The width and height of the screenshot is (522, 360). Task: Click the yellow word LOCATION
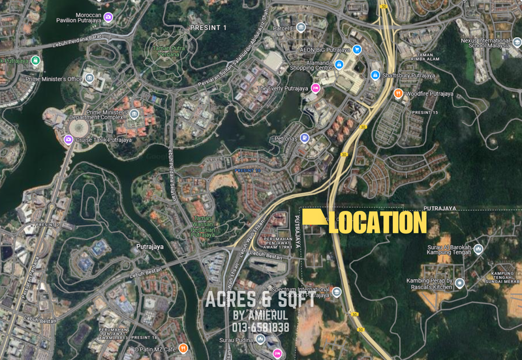(378, 222)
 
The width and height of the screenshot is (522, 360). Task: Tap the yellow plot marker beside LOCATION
(313, 218)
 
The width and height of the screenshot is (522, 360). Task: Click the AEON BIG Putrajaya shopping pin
(358, 49)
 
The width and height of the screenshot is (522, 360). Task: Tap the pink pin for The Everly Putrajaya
(316, 88)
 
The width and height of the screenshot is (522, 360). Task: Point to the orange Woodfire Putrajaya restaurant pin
(398, 93)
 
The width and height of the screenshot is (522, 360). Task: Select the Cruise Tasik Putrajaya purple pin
(68, 140)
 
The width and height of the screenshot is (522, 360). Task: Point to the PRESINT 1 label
(208, 27)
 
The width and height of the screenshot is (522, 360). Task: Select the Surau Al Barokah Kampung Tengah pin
(478, 248)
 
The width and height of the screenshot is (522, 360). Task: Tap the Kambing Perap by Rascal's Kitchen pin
(460, 282)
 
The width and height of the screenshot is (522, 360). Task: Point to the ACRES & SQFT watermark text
(260, 301)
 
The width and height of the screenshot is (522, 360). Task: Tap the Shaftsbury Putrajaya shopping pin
(375, 75)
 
